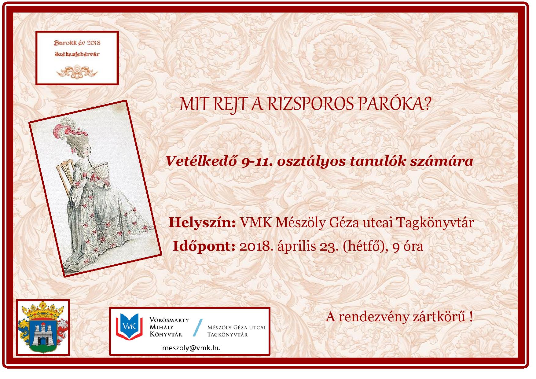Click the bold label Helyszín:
click(x=202, y=223)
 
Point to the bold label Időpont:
click(x=204, y=246)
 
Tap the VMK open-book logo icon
click(x=130, y=326)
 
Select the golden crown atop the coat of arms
click(x=42, y=313)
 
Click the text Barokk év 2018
click(x=77, y=43)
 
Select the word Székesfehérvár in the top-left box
click(x=77, y=54)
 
